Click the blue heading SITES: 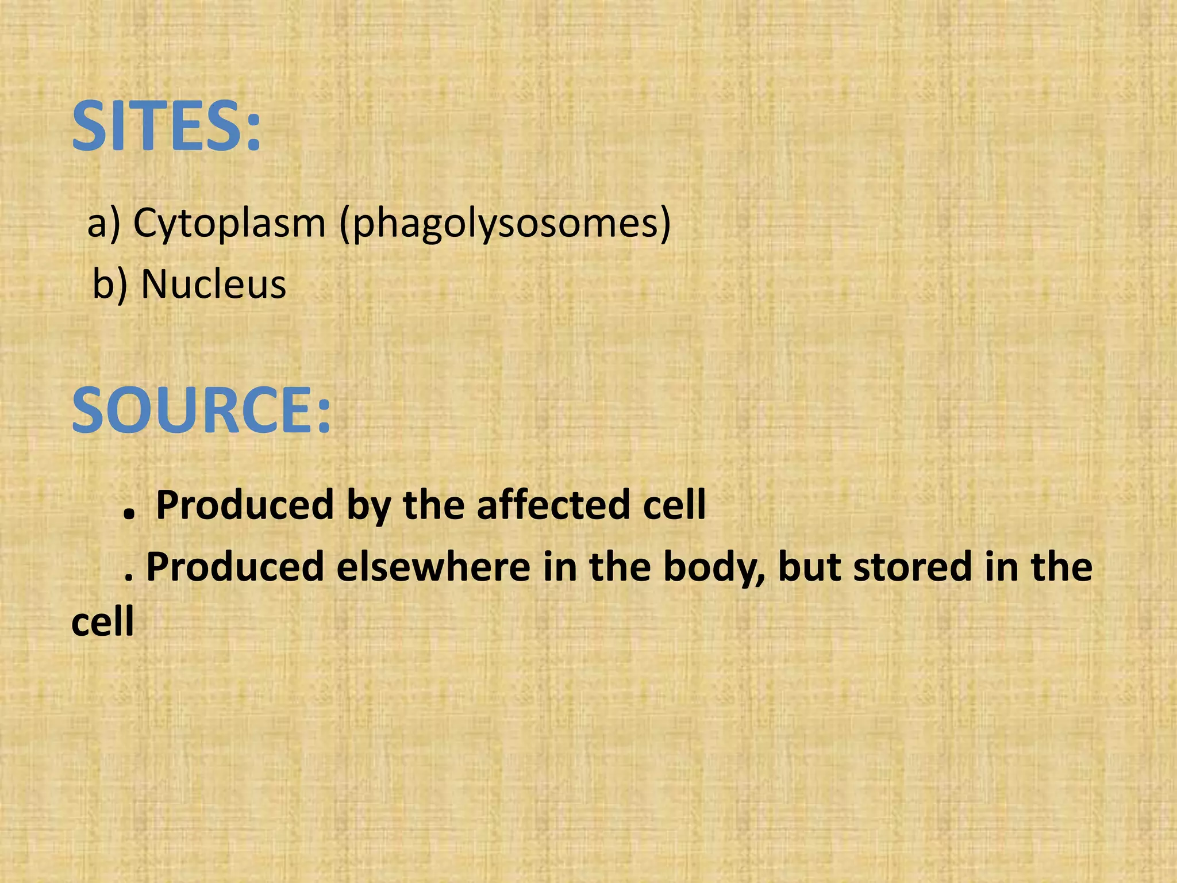[166, 126]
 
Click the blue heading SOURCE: [201, 410]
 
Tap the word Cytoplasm [229, 222]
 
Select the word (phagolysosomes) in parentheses [505, 224]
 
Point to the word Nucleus [213, 284]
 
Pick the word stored [912, 567]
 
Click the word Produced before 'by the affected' [245, 505]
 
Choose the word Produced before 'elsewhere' [235, 567]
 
